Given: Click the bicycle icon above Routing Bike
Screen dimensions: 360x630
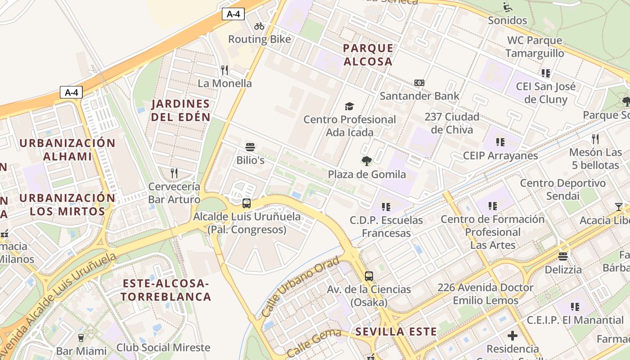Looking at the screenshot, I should pyautogui.click(x=259, y=26).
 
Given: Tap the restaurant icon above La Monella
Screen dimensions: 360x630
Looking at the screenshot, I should pyautogui.click(x=225, y=70).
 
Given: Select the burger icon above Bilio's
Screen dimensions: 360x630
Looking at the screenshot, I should pyautogui.click(x=250, y=147).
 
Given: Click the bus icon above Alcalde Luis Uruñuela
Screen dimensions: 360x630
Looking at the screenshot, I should pyautogui.click(x=247, y=203).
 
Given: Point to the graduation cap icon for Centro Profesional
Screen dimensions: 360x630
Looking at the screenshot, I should pyautogui.click(x=349, y=106).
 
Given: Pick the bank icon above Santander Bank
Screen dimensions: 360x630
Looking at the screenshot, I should pyautogui.click(x=419, y=83).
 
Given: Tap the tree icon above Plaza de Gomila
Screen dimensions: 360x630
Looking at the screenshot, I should pyautogui.click(x=367, y=161).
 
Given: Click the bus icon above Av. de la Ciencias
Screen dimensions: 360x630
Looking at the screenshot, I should pyautogui.click(x=369, y=276).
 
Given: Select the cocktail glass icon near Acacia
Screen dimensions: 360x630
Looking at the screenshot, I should pyautogui.click(x=619, y=207).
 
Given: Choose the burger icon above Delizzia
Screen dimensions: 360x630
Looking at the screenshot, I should pyautogui.click(x=563, y=256).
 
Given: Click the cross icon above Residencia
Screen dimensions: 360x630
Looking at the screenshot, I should pyautogui.click(x=512, y=336).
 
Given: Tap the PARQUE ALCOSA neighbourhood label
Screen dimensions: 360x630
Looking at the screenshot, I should pyautogui.click(x=368, y=55).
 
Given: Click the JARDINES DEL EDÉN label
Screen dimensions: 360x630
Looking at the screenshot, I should pyautogui.click(x=180, y=111).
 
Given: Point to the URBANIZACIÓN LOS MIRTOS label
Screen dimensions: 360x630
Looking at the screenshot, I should pyautogui.click(x=67, y=205).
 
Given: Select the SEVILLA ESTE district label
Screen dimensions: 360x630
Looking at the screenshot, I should pyautogui.click(x=396, y=332).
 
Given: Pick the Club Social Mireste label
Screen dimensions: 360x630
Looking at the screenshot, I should pyautogui.click(x=163, y=347).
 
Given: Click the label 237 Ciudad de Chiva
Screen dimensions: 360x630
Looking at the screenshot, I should pyautogui.click(x=452, y=123).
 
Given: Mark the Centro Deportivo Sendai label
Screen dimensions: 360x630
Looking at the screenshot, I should pyautogui.click(x=562, y=189).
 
